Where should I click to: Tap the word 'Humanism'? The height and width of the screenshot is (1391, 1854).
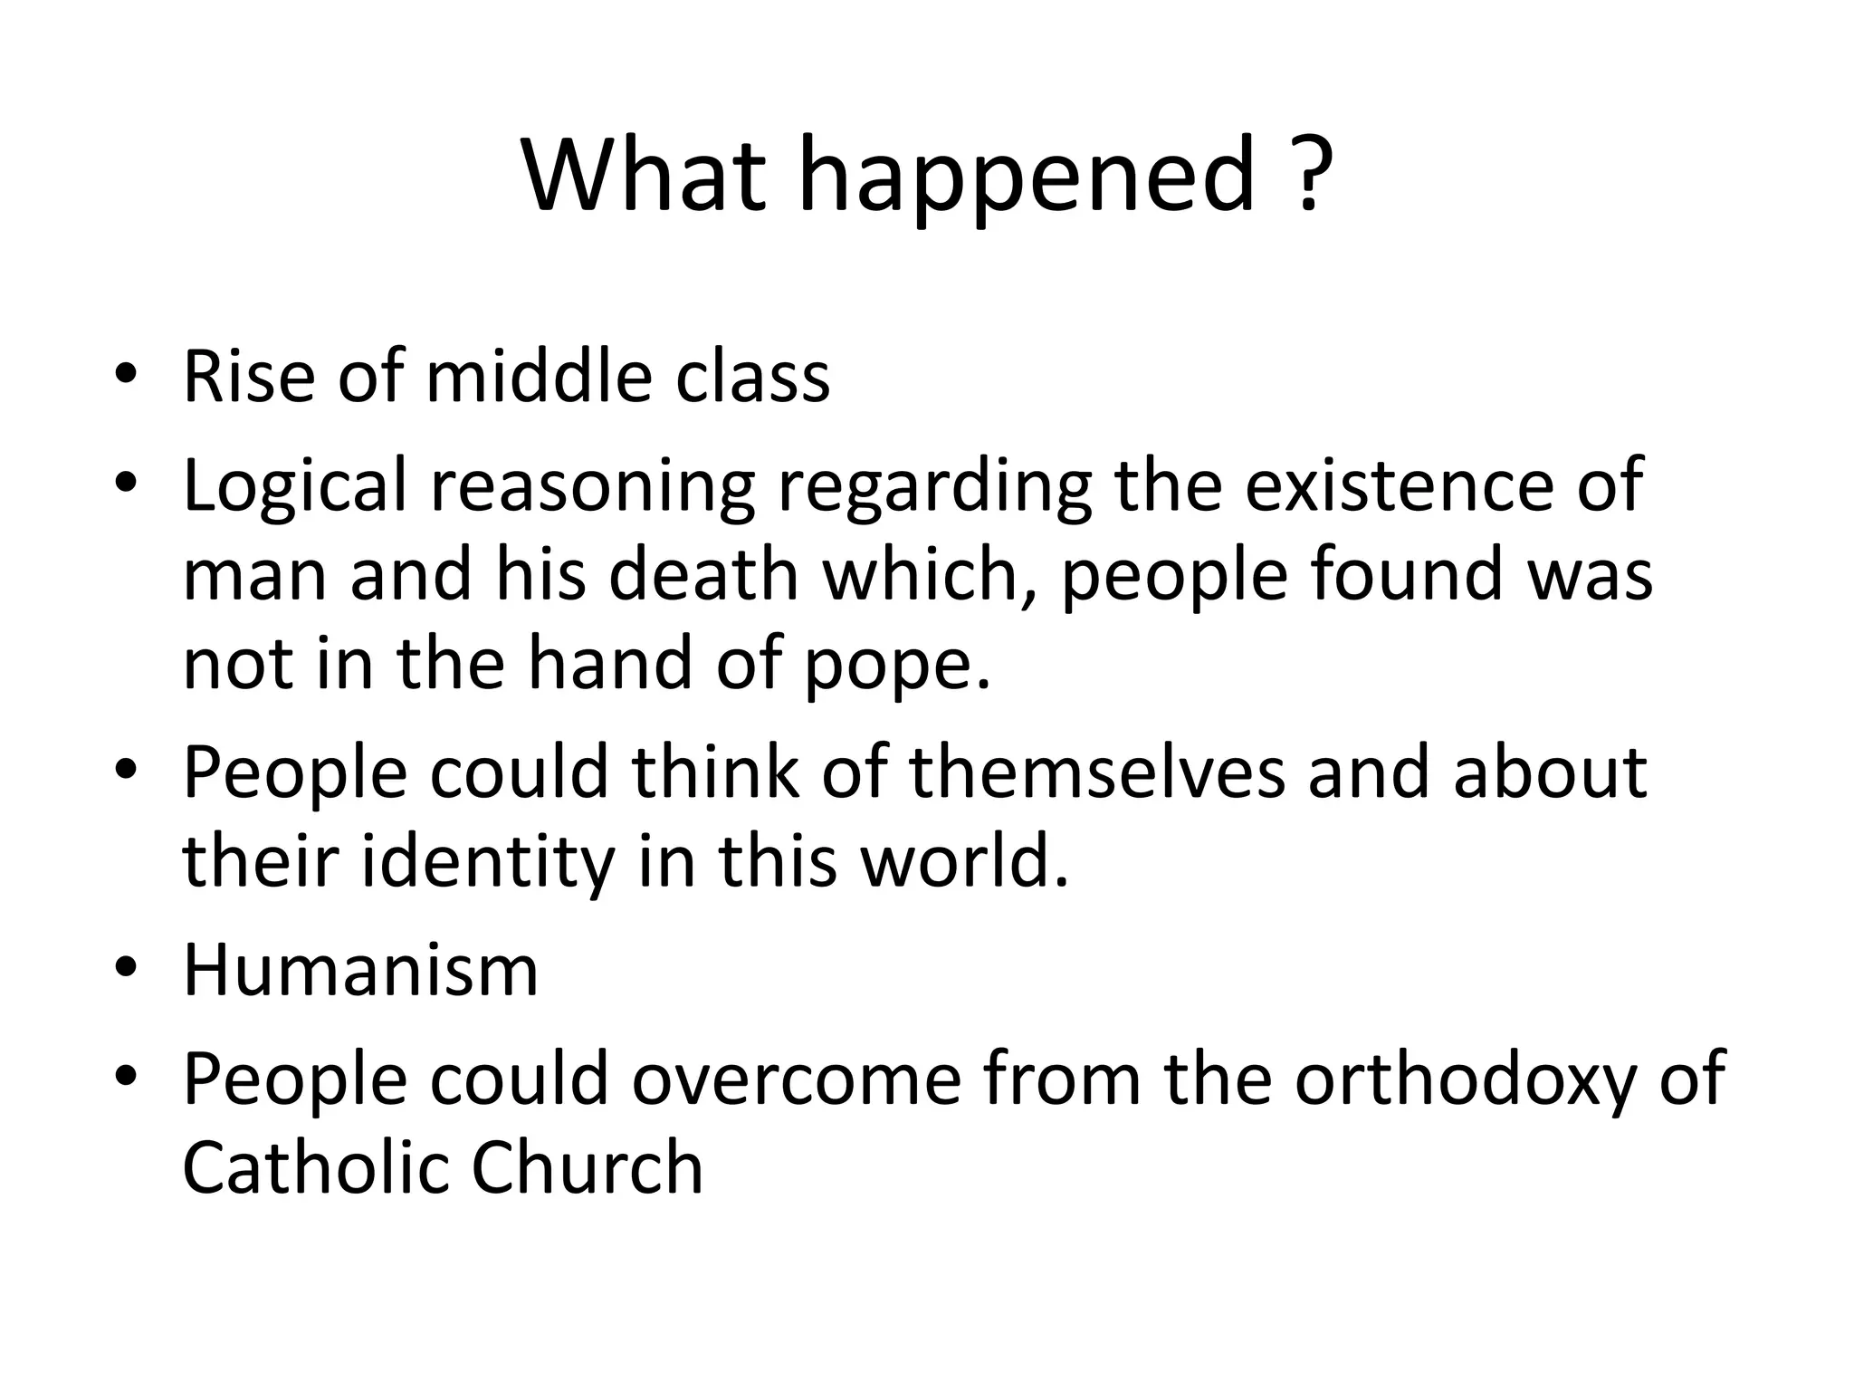coord(360,970)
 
